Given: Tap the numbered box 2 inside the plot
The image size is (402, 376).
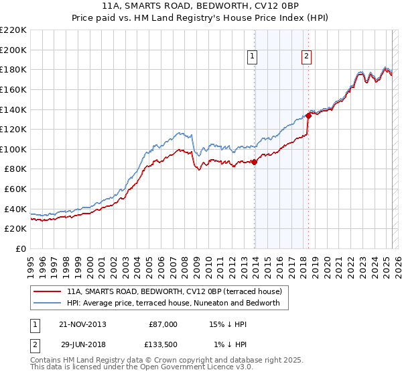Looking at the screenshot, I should coord(306,57).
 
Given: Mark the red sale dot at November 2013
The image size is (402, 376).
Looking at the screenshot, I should coord(255,162).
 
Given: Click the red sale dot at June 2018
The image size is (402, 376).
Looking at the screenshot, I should coord(309,115).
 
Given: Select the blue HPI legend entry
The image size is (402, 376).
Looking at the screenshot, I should coord(178,303).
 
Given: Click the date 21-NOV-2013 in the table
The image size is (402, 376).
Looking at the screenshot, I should coord(83,324).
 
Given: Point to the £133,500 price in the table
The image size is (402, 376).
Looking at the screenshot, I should coord(163,344).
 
